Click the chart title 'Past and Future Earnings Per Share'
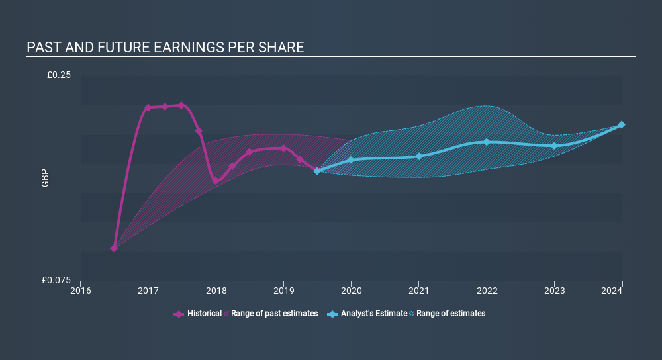pyautogui.click(x=165, y=48)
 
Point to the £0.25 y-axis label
pyautogui.click(x=58, y=75)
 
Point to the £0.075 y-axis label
pyautogui.click(x=56, y=280)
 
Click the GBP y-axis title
pyautogui.click(x=45, y=178)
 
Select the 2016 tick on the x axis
pyautogui.click(x=81, y=290)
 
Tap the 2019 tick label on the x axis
pyautogui.click(x=283, y=290)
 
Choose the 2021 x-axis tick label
pyautogui.click(x=418, y=290)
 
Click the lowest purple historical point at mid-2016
pyautogui.click(x=114, y=248)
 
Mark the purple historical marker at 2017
pyautogui.click(x=148, y=107)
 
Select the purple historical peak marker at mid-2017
pyautogui.click(x=181, y=105)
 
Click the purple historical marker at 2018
pyautogui.click(x=215, y=180)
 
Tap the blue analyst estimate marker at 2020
pyautogui.click(x=351, y=160)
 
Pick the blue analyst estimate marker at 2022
pyautogui.click(x=487, y=142)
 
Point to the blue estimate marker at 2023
pyautogui.click(x=554, y=146)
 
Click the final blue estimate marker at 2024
pyautogui.click(x=622, y=125)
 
